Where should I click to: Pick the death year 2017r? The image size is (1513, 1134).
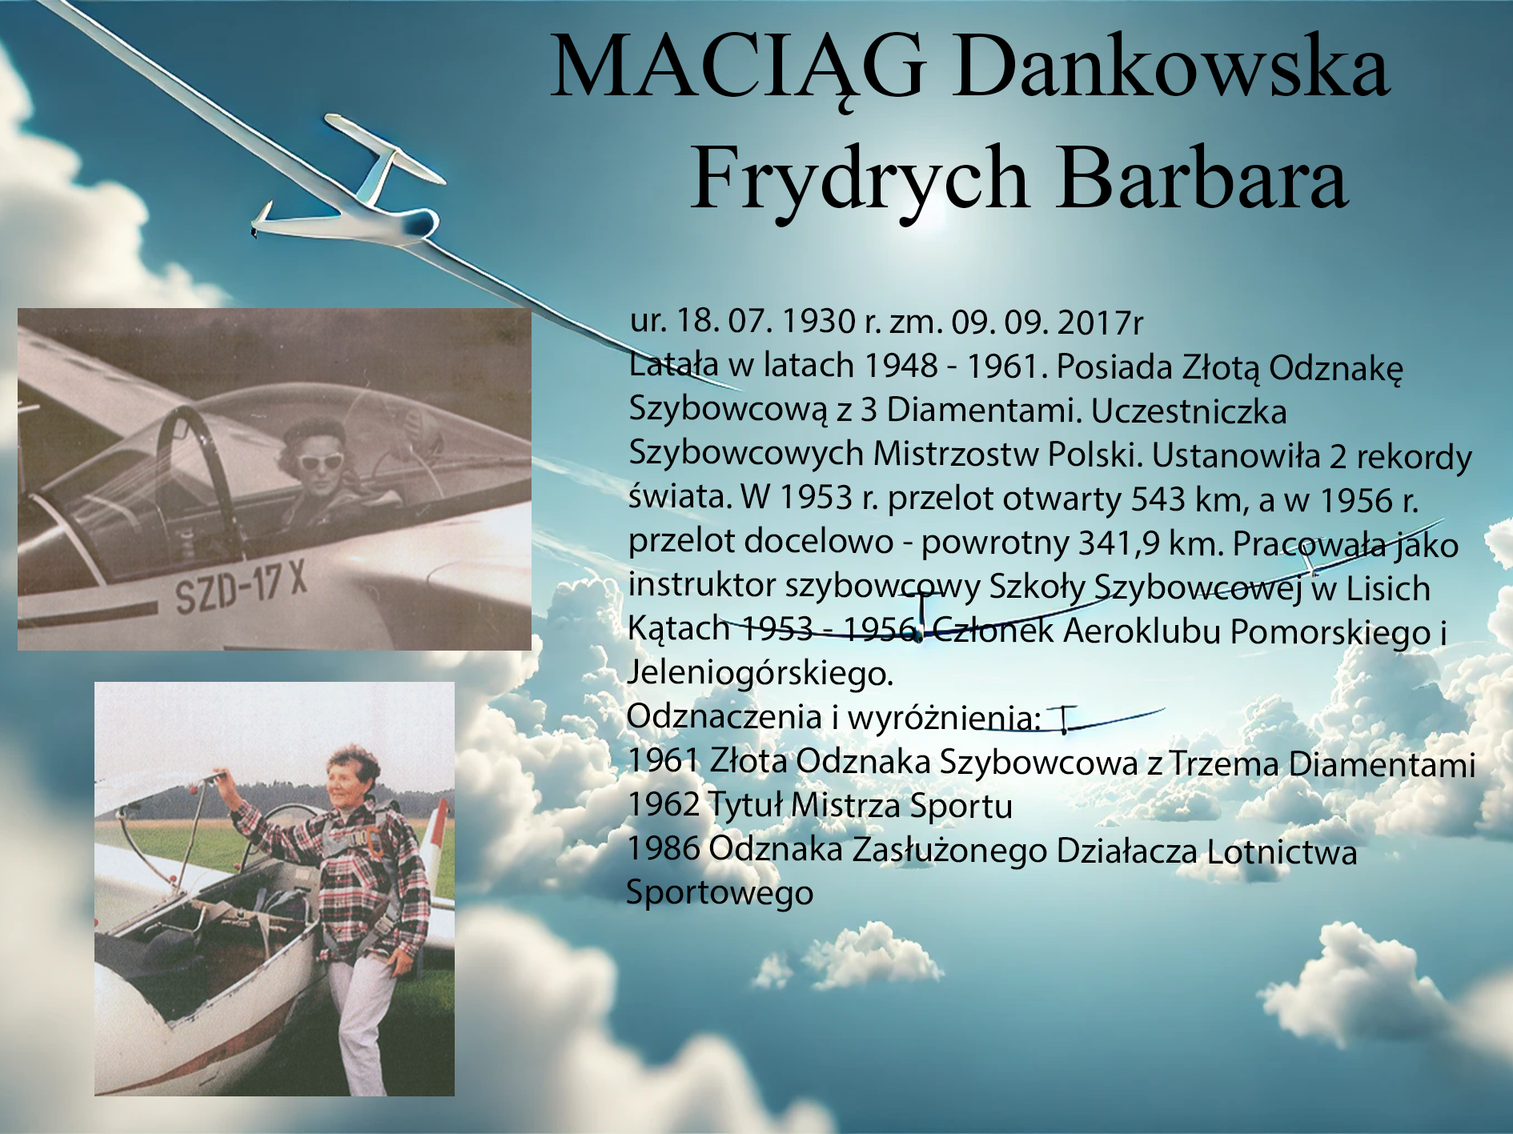pyautogui.click(x=1100, y=323)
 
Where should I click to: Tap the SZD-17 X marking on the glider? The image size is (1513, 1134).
pyautogui.click(x=241, y=587)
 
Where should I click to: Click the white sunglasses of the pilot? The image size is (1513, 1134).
pyautogui.click(x=321, y=461)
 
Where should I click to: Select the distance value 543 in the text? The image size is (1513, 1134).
pyautogui.click(x=1158, y=499)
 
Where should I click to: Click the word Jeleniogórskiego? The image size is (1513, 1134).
pyautogui.click(x=760, y=673)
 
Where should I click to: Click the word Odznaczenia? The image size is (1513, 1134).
pyautogui.click(x=724, y=717)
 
